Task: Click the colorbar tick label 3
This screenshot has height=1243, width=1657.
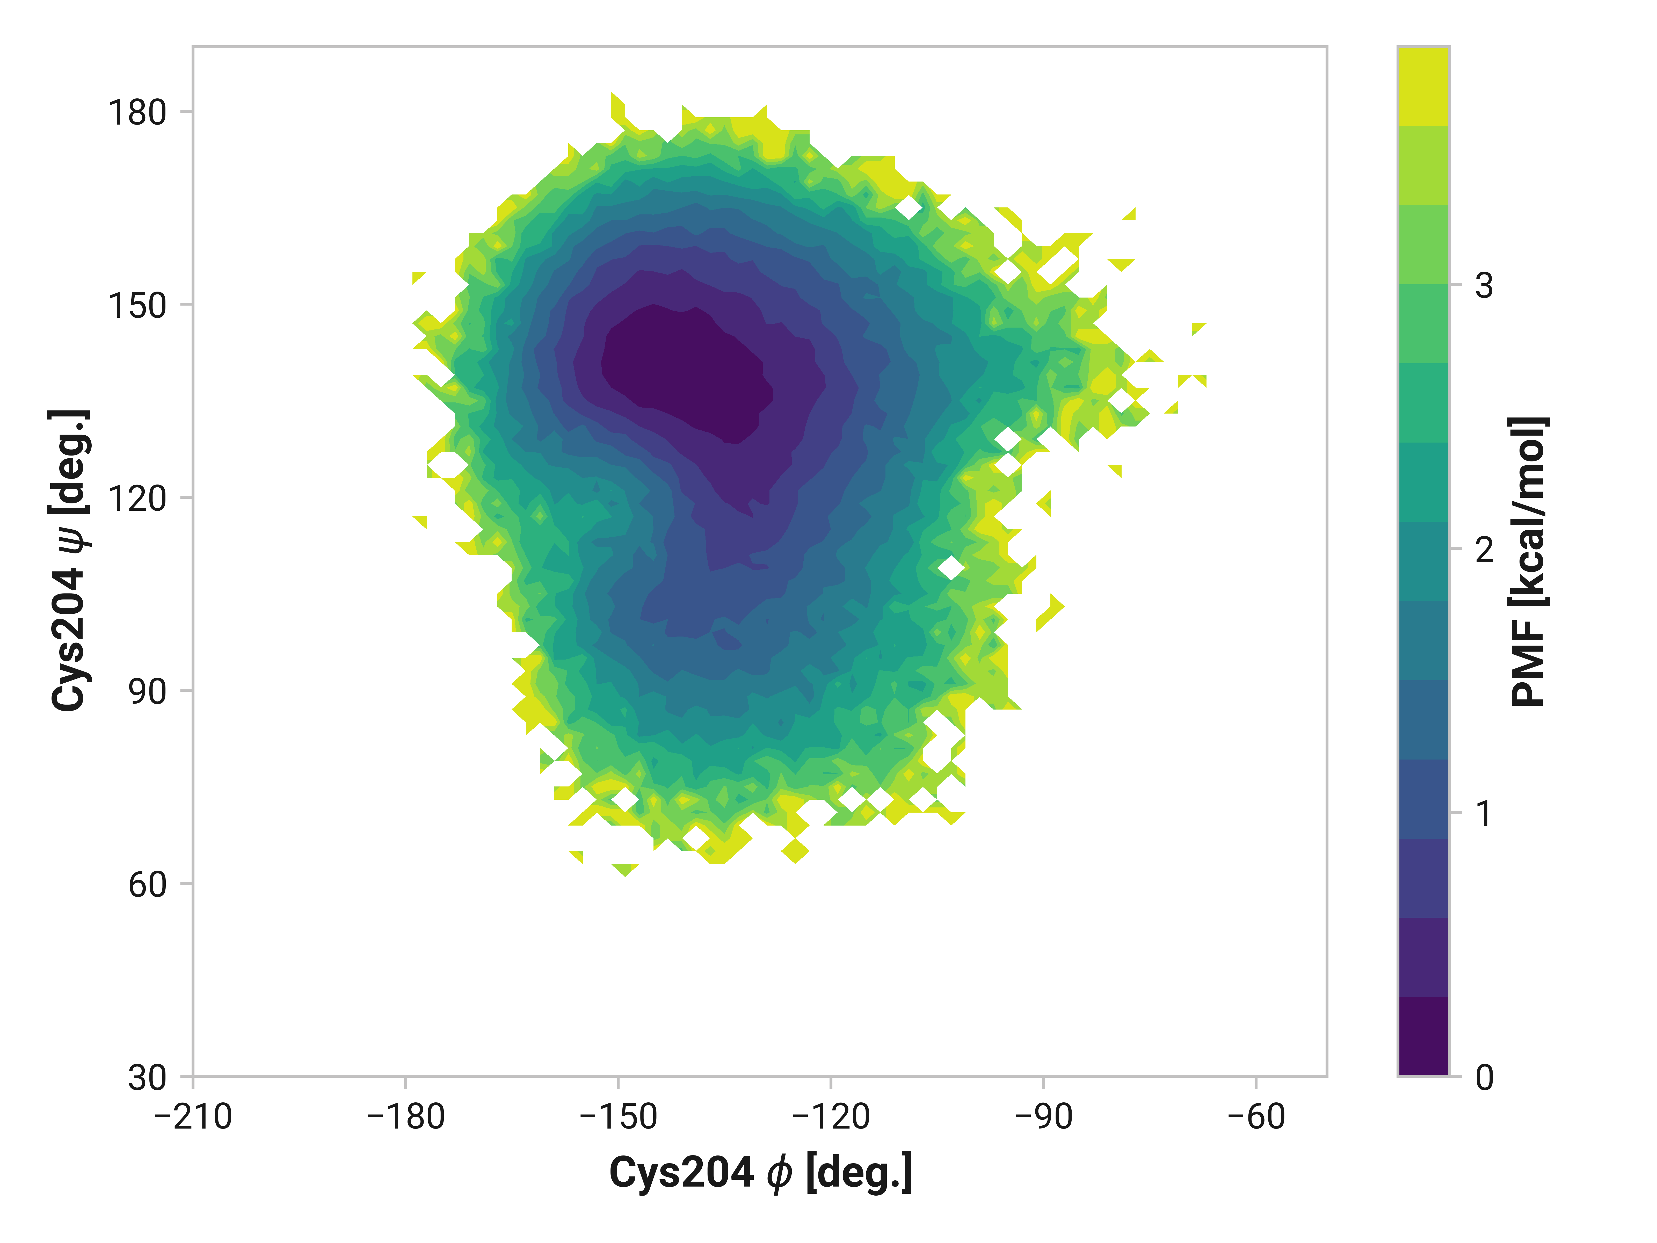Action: [1484, 285]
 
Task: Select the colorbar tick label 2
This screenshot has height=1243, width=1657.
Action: [1484, 550]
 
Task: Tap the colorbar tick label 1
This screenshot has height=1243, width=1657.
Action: [1484, 814]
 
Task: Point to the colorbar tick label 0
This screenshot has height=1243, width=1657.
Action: [1484, 1078]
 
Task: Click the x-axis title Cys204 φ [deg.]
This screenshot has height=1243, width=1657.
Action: [760, 1173]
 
